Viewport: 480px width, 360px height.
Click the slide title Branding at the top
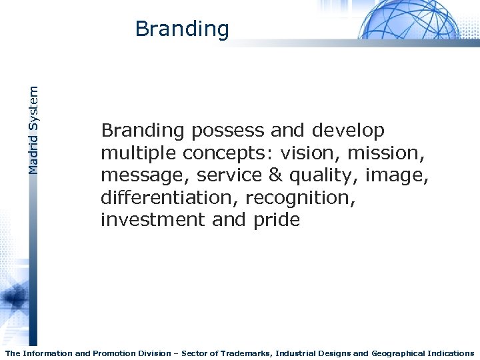pos(181,29)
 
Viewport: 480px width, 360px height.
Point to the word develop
pos(347,131)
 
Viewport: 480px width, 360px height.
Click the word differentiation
pos(169,197)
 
